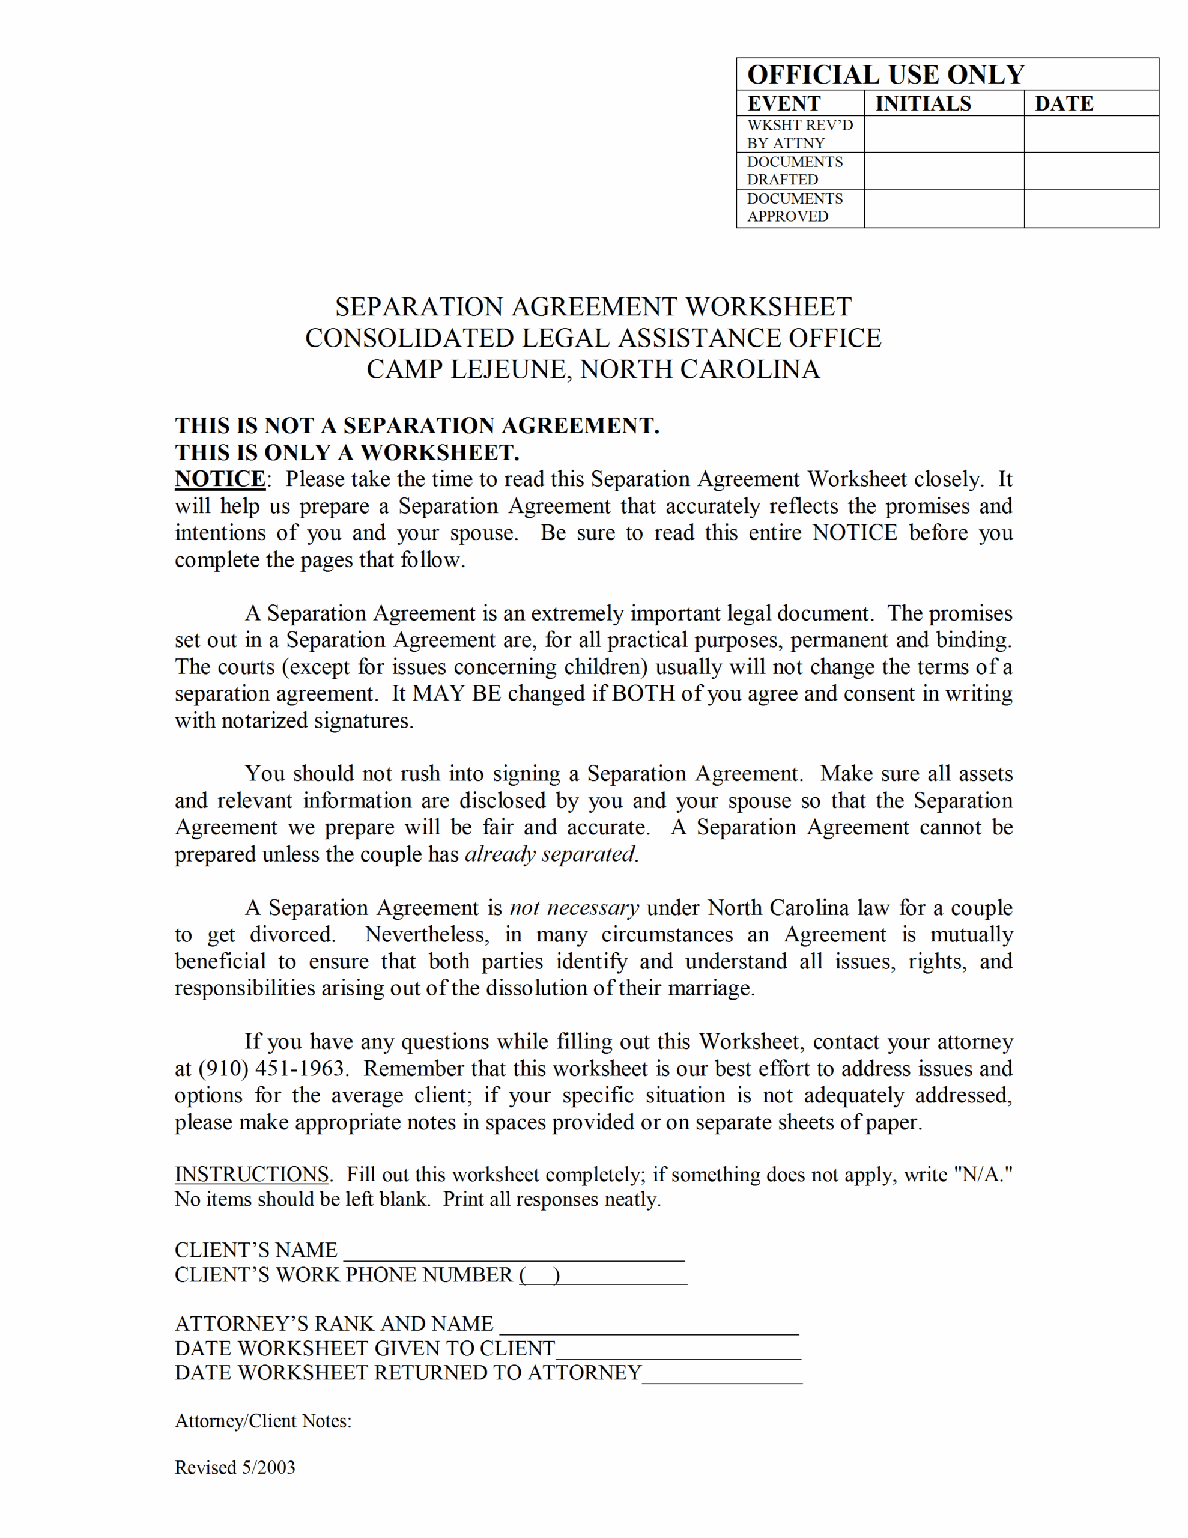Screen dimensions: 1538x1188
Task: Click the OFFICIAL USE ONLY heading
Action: (x=885, y=74)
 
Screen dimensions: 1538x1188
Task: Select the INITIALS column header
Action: (x=923, y=103)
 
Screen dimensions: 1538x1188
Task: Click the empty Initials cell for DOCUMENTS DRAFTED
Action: (x=944, y=171)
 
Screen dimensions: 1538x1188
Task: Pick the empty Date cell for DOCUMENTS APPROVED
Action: (x=1091, y=208)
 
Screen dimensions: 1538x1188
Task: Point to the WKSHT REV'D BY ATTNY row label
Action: (x=799, y=134)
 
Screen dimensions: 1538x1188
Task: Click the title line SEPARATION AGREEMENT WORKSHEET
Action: (x=593, y=307)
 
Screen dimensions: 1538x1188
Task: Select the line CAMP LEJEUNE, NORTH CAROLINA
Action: (x=593, y=369)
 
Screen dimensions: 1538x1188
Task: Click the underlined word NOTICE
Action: (x=220, y=479)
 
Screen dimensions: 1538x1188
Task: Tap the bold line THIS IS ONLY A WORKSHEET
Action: (x=347, y=452)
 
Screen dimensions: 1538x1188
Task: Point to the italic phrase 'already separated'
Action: (x=550, y=854)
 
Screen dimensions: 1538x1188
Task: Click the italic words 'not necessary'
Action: (x=574, y=908)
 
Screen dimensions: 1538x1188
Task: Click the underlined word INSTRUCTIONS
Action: (x=252, y=1175)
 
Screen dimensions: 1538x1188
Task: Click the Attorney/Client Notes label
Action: (x=262, y=1421)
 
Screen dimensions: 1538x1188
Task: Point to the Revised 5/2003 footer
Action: (x=234, y=1468)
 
